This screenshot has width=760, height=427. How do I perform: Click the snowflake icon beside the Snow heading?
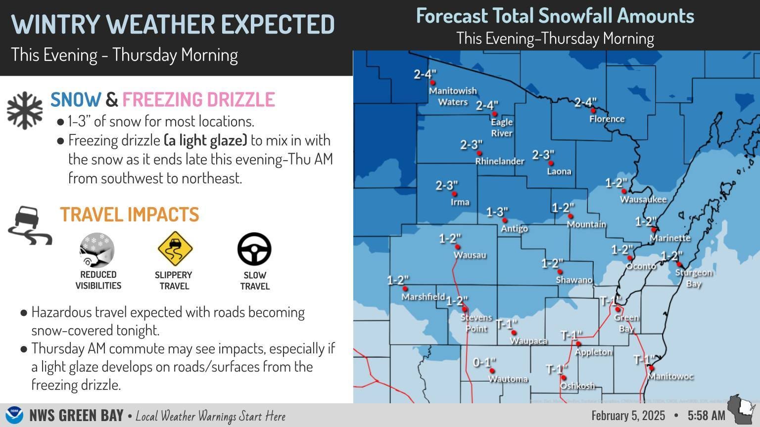[25, 110]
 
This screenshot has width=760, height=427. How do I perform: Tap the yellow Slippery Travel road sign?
[175, 249]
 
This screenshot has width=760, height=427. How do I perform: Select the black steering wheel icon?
[254, 249]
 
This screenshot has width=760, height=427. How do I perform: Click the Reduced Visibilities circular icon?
[97, 250]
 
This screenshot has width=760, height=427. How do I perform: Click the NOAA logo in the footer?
[14, 415]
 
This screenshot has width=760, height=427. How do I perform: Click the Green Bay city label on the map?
[626, 323]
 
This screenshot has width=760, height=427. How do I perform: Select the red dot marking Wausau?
[458, 247]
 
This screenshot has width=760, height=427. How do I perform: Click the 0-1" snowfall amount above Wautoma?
[484, 363]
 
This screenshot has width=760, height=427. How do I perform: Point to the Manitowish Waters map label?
[453, 96]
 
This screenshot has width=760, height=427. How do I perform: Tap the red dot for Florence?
[593, 111]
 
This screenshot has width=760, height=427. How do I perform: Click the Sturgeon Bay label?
[694, 278]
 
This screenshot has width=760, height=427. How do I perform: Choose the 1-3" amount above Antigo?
[497, 213]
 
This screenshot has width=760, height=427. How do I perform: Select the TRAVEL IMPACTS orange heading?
[130, 214]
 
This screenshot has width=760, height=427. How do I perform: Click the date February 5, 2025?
[628, 415]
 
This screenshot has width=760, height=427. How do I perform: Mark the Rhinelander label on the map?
[499, 161]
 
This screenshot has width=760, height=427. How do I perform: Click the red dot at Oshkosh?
[564, 377]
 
